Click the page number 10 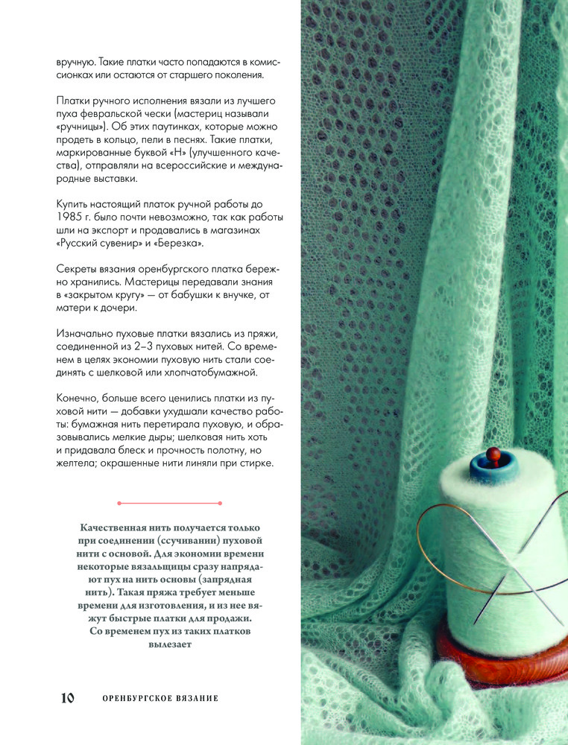pyautogui.click(x=67, y=698)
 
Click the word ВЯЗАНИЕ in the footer pyautogui.click(x=197, y=698)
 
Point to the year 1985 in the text pyautogui.click(x=72, y=217)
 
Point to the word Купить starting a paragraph pyautogui.click(x=75, y=203)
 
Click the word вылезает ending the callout pyautogui.click(x=170, y=645)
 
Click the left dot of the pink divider pyautogui.click(x=119, y=503)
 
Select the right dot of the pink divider pyautogui.click(x=220, y=503)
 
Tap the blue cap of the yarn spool pyautogui.click(x=492, y=469)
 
